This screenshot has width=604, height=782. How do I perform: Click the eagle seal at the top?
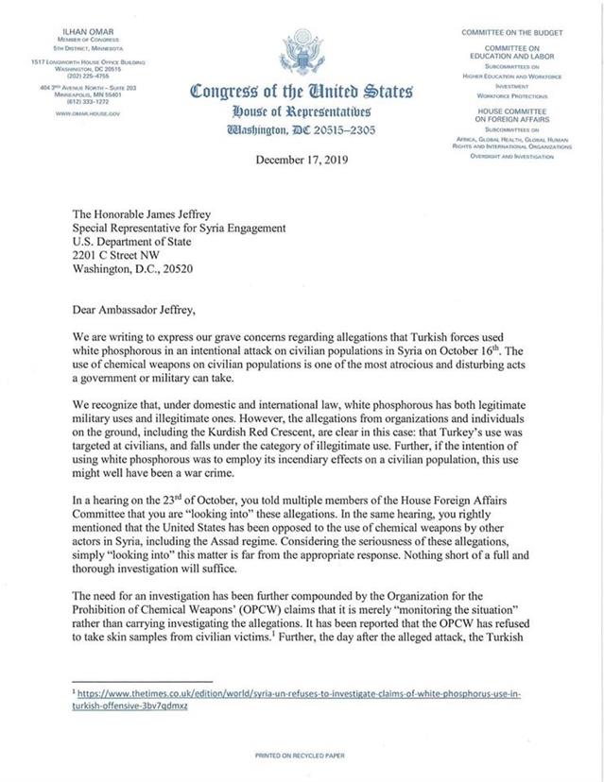click(302, 47)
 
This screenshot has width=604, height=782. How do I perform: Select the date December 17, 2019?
click(302, 160)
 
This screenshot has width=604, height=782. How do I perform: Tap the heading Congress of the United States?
click(302, 92)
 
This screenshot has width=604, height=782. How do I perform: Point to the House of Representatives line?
click(302, 111)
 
